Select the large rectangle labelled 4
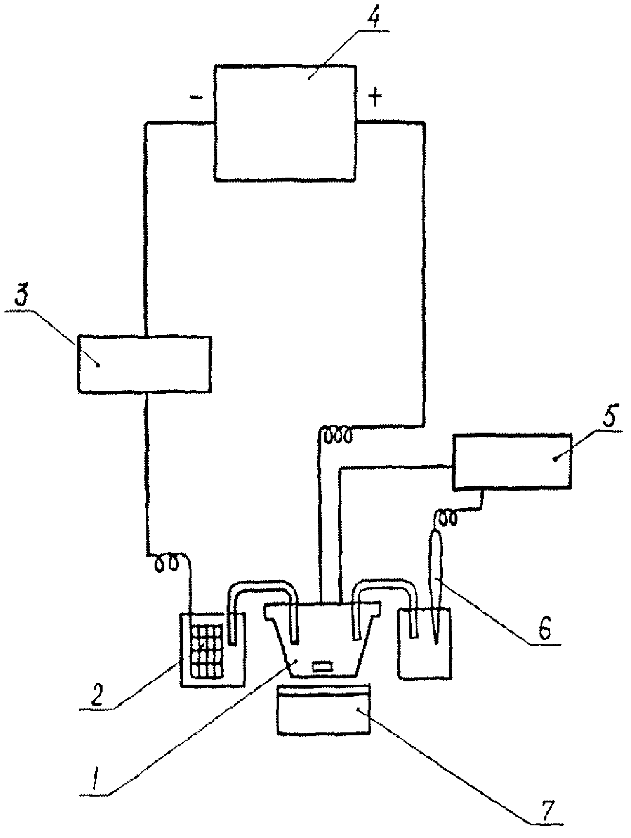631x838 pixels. tap(285, 123)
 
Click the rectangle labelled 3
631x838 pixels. tap(144, 363)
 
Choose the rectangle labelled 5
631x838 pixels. tap(512, 460)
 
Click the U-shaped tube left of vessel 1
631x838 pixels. tap(263, 591)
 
